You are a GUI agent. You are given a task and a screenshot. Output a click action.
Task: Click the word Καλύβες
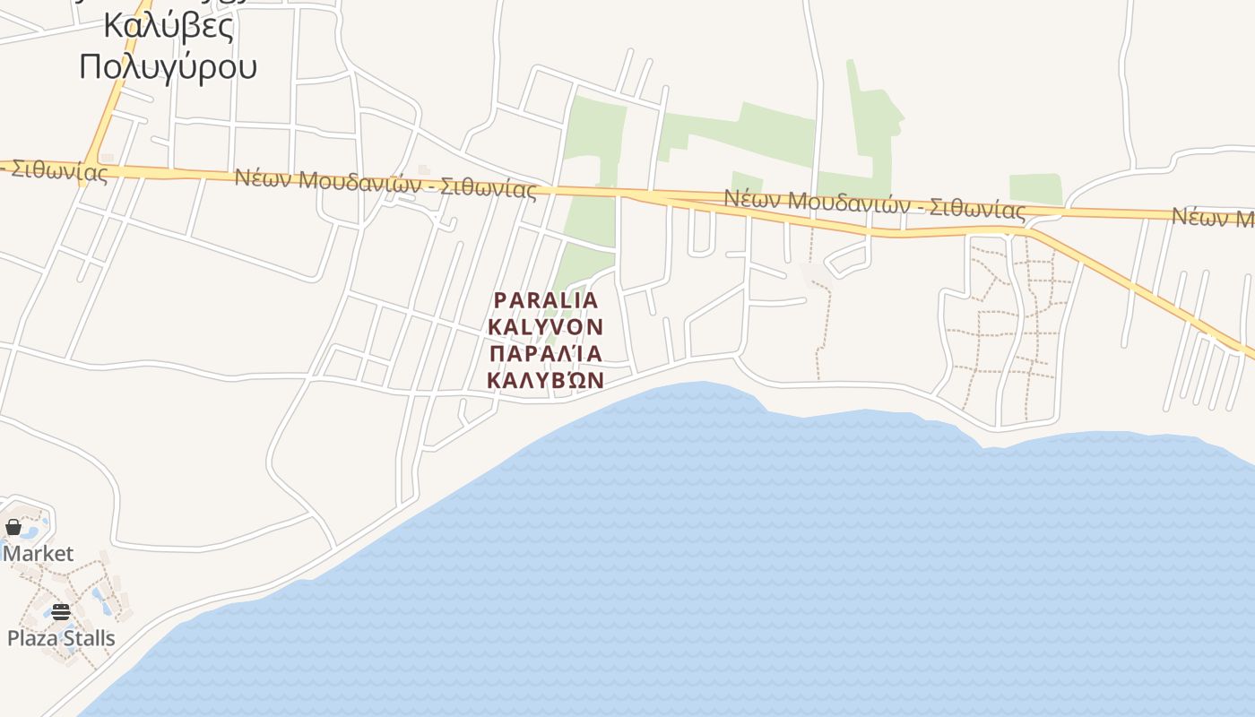(x=169, y=25)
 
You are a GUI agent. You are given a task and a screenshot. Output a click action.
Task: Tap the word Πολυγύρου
(x=169, y=66)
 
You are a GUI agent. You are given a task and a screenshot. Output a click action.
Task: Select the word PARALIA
(x=546, y=300)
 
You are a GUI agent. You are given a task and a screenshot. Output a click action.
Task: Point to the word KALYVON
(x=546, y=326)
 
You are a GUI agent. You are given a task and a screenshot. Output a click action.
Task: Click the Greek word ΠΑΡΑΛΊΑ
(x=546, y=352)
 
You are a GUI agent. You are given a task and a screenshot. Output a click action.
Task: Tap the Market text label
(x=39, y=554)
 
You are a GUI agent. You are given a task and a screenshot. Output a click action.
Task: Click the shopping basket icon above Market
(x=13, y=527)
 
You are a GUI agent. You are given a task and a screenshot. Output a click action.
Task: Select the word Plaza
(x=32, y=638)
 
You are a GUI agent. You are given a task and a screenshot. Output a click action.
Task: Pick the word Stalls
(x=89, y=638)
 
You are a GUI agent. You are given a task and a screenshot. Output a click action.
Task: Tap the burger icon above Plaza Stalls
(x=60, y=612)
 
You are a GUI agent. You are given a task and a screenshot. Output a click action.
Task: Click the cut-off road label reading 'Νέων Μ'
(x=1212, y=217)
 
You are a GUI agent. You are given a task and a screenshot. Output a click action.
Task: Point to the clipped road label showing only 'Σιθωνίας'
(x=58, y=170)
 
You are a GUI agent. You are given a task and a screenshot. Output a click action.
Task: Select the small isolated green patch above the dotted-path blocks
(x=1035, y=189)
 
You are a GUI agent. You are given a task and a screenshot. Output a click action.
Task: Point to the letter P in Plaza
(x=13, y=638)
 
